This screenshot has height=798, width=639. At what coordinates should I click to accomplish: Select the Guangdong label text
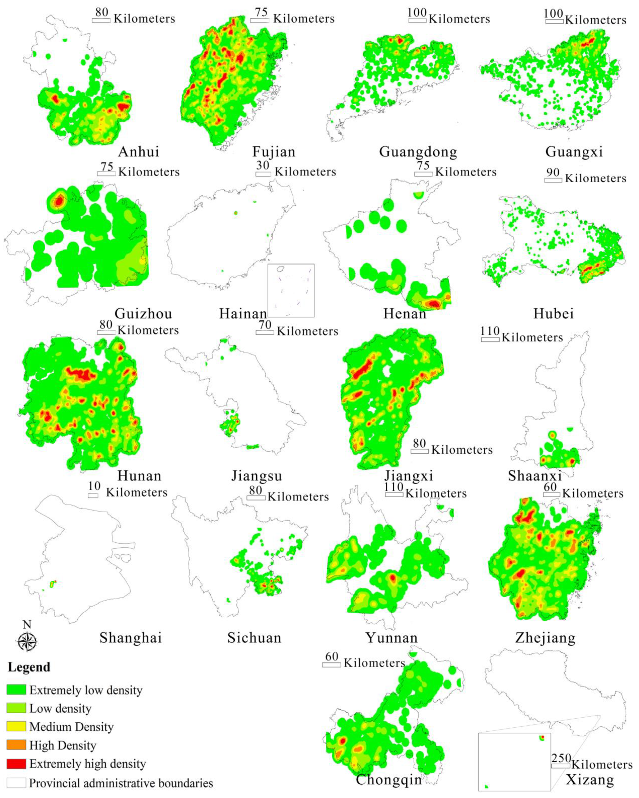click(x=418, y=152)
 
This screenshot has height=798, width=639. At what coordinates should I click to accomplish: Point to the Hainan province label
click(x=243, y=314)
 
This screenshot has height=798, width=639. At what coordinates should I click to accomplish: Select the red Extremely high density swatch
click(x=16, y=764)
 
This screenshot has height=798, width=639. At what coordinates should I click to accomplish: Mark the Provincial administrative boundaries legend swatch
click(x=16, y=783)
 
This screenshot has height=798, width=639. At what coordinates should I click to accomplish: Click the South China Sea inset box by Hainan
click(x=291, y=291)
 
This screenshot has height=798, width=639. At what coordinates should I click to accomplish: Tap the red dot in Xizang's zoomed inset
click(x=542, y=737)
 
